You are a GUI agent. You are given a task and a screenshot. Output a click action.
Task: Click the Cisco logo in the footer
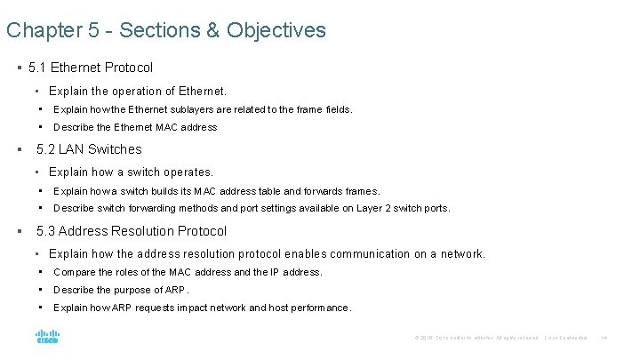46,337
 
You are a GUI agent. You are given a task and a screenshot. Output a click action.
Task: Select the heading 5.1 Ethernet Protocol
91,68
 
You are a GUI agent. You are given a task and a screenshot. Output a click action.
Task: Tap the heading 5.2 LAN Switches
89,149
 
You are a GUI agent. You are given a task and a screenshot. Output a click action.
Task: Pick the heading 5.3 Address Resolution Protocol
132,231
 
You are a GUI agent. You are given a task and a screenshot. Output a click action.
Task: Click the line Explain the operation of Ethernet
138,91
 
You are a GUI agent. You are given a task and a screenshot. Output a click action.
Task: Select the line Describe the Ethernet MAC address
135,127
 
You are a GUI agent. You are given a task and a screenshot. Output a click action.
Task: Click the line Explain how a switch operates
131,172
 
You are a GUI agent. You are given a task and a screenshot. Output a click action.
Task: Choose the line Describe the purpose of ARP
122,290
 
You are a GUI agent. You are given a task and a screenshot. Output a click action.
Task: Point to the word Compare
73,272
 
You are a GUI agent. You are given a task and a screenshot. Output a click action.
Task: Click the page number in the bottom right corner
604,338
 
